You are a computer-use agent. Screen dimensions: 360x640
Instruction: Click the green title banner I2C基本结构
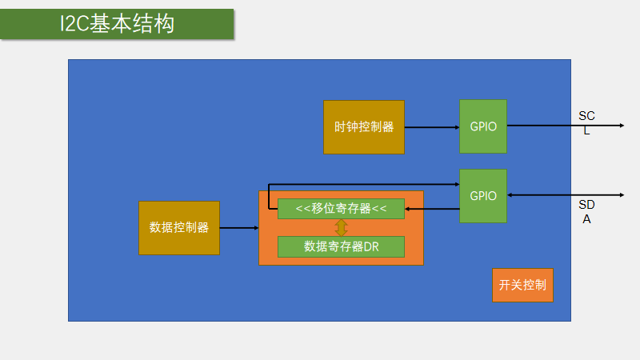click(x=117, y=24)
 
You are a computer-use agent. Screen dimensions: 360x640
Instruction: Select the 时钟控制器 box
click(x=364, y=126)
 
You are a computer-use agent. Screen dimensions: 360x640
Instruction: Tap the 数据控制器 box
click(x=179, y=228)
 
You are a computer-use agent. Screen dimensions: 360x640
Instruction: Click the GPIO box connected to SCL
click(x=483, y=126)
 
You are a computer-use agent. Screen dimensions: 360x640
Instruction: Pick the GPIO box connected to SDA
click(x=483, y=196)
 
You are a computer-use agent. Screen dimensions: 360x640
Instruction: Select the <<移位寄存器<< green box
click(x=341, y=208)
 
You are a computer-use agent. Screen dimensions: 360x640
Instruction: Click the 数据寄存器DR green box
click(x=341, y=246)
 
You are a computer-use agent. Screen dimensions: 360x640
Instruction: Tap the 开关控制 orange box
click(x=522, y=285)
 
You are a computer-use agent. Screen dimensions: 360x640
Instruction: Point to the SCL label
click(x=586, y=123)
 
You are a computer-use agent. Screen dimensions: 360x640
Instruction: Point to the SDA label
click(x=586, y=211)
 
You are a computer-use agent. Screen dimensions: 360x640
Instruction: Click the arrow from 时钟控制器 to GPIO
click(x=431, y=126)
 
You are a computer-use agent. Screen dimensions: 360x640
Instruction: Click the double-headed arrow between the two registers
click(x=341, y=227)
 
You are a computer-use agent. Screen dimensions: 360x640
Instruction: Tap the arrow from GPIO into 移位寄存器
click(x=432, y=210)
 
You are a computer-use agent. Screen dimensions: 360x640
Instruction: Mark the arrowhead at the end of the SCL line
click(x=620, y=126)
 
